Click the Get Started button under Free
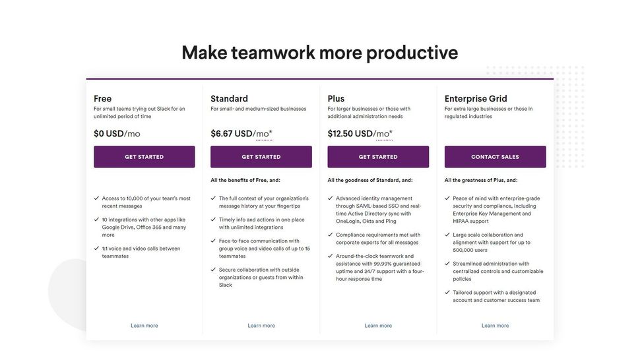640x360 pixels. [x=144, y=157]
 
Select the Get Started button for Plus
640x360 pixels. [x=378, y=157]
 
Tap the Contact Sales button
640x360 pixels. [x=495, y=157]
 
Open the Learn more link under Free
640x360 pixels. [x=144, y=326]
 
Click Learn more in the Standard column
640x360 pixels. [x=261, y=326]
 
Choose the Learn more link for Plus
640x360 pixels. [x=378, y=326]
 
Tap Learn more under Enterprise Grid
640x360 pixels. [x=495, y=326]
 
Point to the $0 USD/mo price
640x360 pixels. [x=117, y=134]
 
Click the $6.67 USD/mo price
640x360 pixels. [x=241, y=134]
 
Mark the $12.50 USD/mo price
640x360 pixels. [x=360, y=134]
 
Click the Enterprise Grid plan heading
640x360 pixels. [x=476, y=99]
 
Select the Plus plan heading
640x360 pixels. [x=336, y=99]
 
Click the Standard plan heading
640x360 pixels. [x=229, y=99]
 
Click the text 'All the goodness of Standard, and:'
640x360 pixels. [x=369, y=180]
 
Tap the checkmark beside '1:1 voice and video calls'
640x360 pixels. [x=96, y=249]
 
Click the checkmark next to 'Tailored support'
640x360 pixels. [x=447, y=292]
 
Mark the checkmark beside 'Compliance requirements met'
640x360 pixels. [x=330, y=235]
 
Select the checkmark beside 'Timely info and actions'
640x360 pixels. [x=213, y=220]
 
